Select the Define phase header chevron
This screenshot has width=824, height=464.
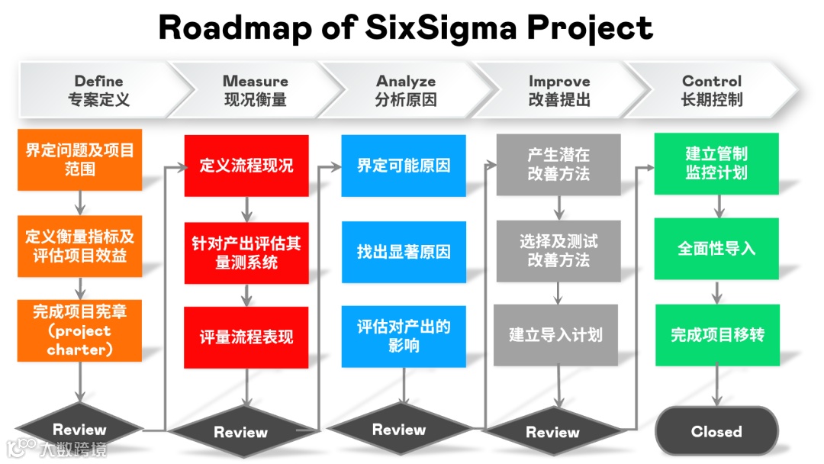(x=98, y=90)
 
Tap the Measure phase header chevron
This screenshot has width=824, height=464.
(x=255, y=90)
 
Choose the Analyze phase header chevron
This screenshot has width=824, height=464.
(x=405, y=90)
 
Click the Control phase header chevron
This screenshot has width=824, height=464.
(x=711, y=90)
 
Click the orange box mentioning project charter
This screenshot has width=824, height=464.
(x=79, y=330)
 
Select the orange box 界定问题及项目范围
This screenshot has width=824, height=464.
(x=79, y=159)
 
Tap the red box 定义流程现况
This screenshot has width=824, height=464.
(x=246, y=166)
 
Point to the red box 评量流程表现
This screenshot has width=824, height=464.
(x=246, y=337)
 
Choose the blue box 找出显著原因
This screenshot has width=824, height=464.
(x=404, y=252)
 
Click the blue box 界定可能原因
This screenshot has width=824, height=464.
(x=404, y=166)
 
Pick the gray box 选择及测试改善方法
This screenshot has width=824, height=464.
(x=558, y=250)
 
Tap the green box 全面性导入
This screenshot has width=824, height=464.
(x=716, y=249)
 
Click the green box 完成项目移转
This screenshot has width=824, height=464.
(x=717, y=334)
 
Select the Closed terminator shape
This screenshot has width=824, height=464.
(x=716, y=431)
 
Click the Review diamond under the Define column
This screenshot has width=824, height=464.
(x=79, y=429)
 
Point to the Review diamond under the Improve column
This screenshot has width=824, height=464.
(x=552, y=432)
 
